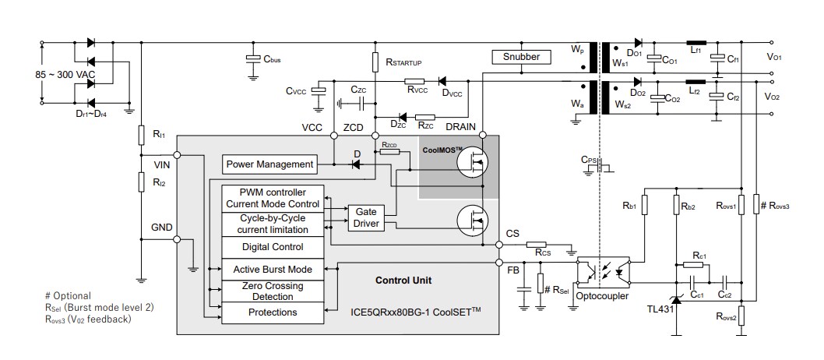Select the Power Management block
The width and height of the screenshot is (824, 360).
click(x=269, y=164)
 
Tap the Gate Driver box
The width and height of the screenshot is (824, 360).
click(x=365, y=217)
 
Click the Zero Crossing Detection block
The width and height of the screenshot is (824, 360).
click(x=272, y=291)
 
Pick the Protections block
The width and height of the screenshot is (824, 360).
click(x=272, y=312)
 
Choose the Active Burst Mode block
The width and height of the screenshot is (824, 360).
click(x=272, y=270)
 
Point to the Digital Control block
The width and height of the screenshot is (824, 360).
click(x=272, y=247)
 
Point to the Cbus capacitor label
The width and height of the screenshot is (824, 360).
click(x=272, y=59)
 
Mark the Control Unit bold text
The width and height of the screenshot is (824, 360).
click(x=403, y=280)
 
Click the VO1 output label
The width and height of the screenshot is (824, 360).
click(x=773, y=57)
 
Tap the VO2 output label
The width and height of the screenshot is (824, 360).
click(x=773, y=97)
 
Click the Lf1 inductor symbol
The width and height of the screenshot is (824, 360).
click(x=695, y=42)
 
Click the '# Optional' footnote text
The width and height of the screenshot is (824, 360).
click(x=68, y=295)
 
